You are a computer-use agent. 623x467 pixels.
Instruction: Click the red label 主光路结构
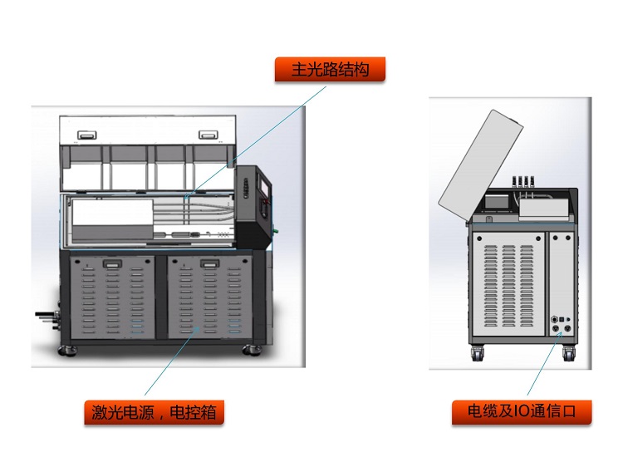click(330, 70)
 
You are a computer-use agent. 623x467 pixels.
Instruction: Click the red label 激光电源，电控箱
click(154, 412)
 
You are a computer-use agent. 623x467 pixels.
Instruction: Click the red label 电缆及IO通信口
click(522, 412)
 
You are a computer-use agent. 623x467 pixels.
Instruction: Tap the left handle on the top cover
click(86, 134)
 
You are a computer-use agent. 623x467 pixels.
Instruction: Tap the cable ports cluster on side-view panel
click(562, 323)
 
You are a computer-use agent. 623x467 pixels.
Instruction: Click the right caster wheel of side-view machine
click(569, 353)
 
